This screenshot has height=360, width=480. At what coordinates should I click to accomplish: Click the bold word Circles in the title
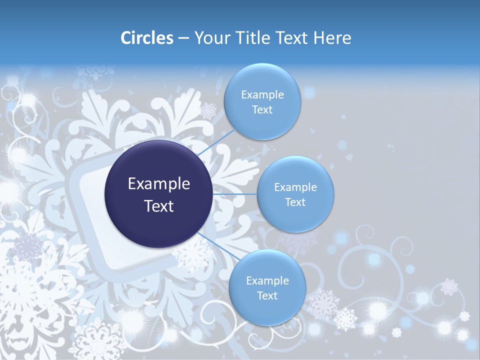147,38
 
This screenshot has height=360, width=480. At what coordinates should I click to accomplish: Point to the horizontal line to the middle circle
235,194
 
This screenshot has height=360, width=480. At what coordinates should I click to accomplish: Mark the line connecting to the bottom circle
215,244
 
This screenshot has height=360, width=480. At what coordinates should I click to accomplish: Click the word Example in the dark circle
158,184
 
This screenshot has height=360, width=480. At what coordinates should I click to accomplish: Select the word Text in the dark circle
158,206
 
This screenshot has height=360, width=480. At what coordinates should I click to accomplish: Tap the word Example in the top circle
262,94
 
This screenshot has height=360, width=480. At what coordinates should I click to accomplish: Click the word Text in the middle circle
295,202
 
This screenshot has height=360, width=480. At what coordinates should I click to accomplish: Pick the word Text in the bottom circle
267,295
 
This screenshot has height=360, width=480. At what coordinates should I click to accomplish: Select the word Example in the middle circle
295,187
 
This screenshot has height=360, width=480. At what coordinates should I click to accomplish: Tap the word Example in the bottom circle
267,280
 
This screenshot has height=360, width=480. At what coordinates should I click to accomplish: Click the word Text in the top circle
262,109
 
